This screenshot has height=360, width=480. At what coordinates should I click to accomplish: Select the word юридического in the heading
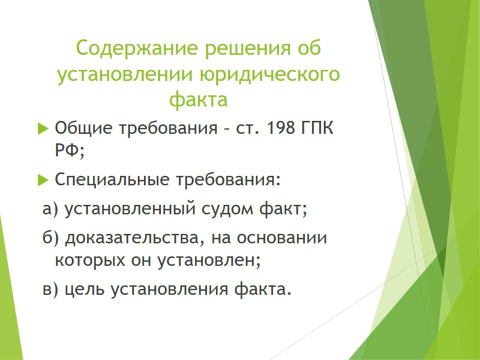click(269, 74)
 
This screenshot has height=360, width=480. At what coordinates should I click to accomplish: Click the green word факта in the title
click(198, 100)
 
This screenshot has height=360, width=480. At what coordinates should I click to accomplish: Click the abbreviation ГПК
click(317, 127)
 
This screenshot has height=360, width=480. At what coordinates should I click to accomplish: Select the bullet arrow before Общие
click(43, 128)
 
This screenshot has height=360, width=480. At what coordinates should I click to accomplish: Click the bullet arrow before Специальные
click(43, 179)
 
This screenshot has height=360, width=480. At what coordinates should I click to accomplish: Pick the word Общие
click(83, 128)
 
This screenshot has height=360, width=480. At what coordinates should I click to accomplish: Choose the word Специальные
click(111, 179)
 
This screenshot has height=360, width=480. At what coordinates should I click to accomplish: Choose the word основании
click(281, 238)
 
